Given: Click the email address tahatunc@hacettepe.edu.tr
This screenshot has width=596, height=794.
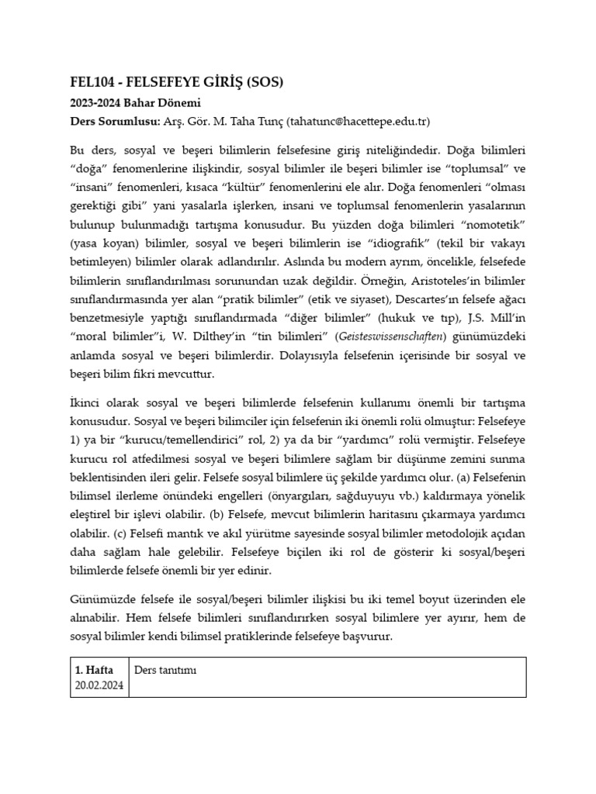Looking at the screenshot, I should [x=358, y=122].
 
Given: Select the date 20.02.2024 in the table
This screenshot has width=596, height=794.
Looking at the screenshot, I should [x=99, y=685].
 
